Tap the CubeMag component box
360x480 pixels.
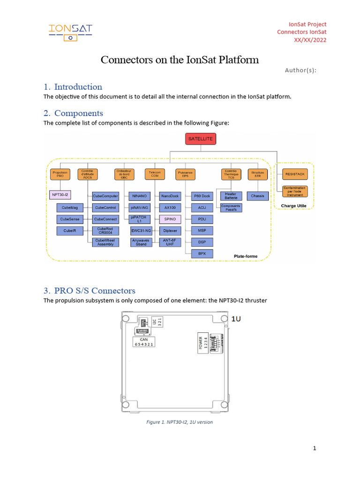pyautogui.click(x=69, y=207)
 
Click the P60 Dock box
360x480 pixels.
pyautogui.click(x=202, y=196)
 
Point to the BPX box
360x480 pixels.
pyautogui.click(x=202, y=254)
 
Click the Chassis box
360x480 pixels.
pyautogui.click(x=257, y=196)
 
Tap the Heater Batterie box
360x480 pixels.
pyautogui.click(x=231, y=196)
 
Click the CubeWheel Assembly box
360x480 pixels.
pyautogui.click(x=105, y=242)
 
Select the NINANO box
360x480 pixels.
pyautogui.click(x=140, y=196)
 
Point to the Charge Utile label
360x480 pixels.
pyautogui.click(x=293, y=205)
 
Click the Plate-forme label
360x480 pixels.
pyautogui.click(x=246, y=256)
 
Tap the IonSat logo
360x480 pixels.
pyautogui.click(x=70, y=31)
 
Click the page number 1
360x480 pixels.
pyautogui.click(x=315, y=449)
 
